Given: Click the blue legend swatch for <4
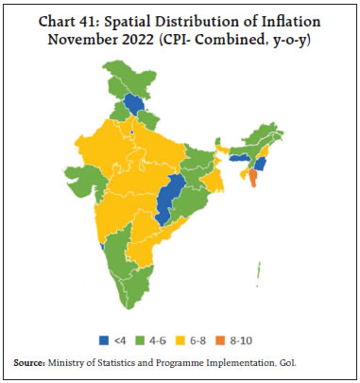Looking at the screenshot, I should click(103, 339).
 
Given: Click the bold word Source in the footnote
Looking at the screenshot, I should click(31, 362).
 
